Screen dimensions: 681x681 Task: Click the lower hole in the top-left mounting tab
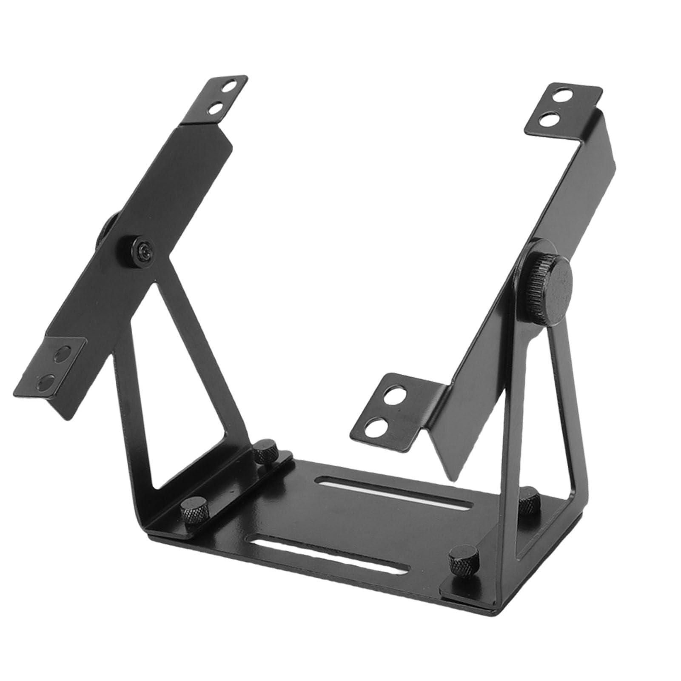pyautogui.click(x=217, y=109)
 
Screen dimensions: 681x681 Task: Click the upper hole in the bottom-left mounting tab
pyautogui.click(x=64, y=353)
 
